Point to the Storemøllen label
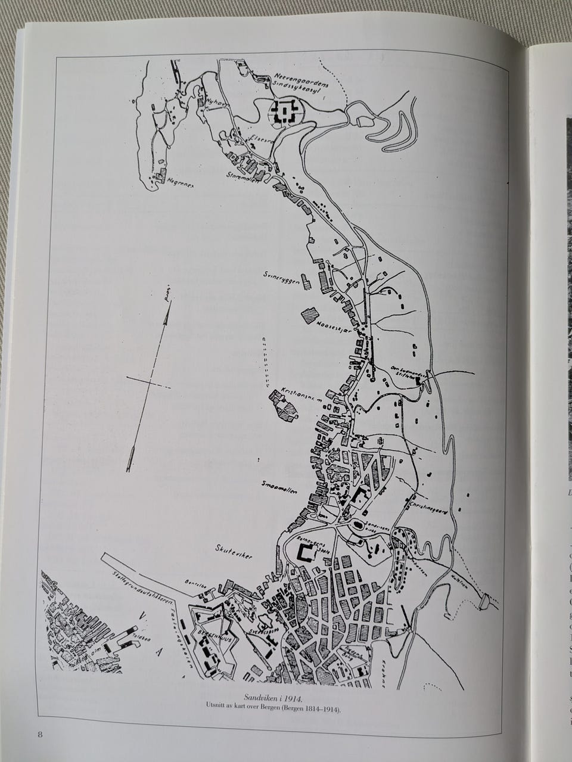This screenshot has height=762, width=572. point(243,176)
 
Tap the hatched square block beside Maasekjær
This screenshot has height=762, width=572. point(311,314)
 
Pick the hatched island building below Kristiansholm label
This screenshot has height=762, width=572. point(284,409)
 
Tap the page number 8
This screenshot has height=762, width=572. point(40,733)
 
